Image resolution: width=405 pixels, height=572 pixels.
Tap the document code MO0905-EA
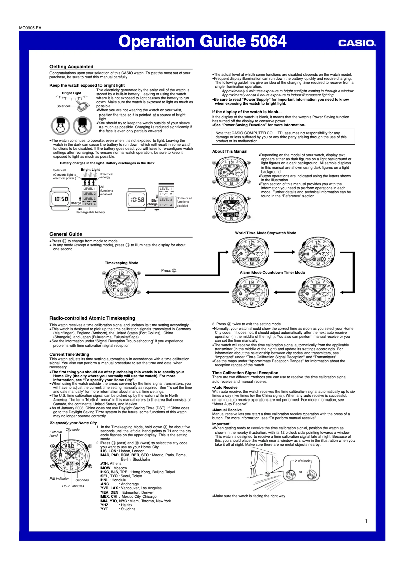click(x=31, y=28)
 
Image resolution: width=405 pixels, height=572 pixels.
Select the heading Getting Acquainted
click(x=71, y=67)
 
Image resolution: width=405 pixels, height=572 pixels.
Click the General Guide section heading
click(x=66, y=234)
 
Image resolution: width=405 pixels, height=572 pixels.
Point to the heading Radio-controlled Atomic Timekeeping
click(x=92, y=318)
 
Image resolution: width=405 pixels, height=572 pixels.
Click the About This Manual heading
click(x=230, y=151)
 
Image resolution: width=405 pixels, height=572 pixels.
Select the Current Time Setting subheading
click(x=70, y=354)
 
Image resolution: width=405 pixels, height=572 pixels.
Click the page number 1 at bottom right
click(x=365, y=521)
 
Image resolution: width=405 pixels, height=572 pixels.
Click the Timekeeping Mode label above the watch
click(x=121, y=263)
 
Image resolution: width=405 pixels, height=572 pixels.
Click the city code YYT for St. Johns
click(x=105, y=509)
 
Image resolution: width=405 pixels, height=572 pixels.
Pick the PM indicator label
click(x=60, y=478)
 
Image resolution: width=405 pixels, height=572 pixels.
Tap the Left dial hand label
click(x=55, y=434)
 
